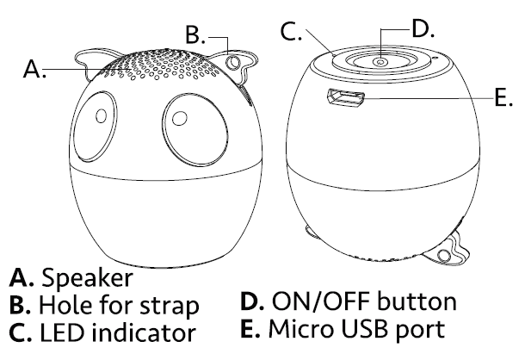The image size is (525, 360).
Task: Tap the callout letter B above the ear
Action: click(x=195, y=35)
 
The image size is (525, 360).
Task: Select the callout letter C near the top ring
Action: click(x=291, y=33)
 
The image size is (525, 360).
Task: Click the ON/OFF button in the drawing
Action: click(x=380, y=61)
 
